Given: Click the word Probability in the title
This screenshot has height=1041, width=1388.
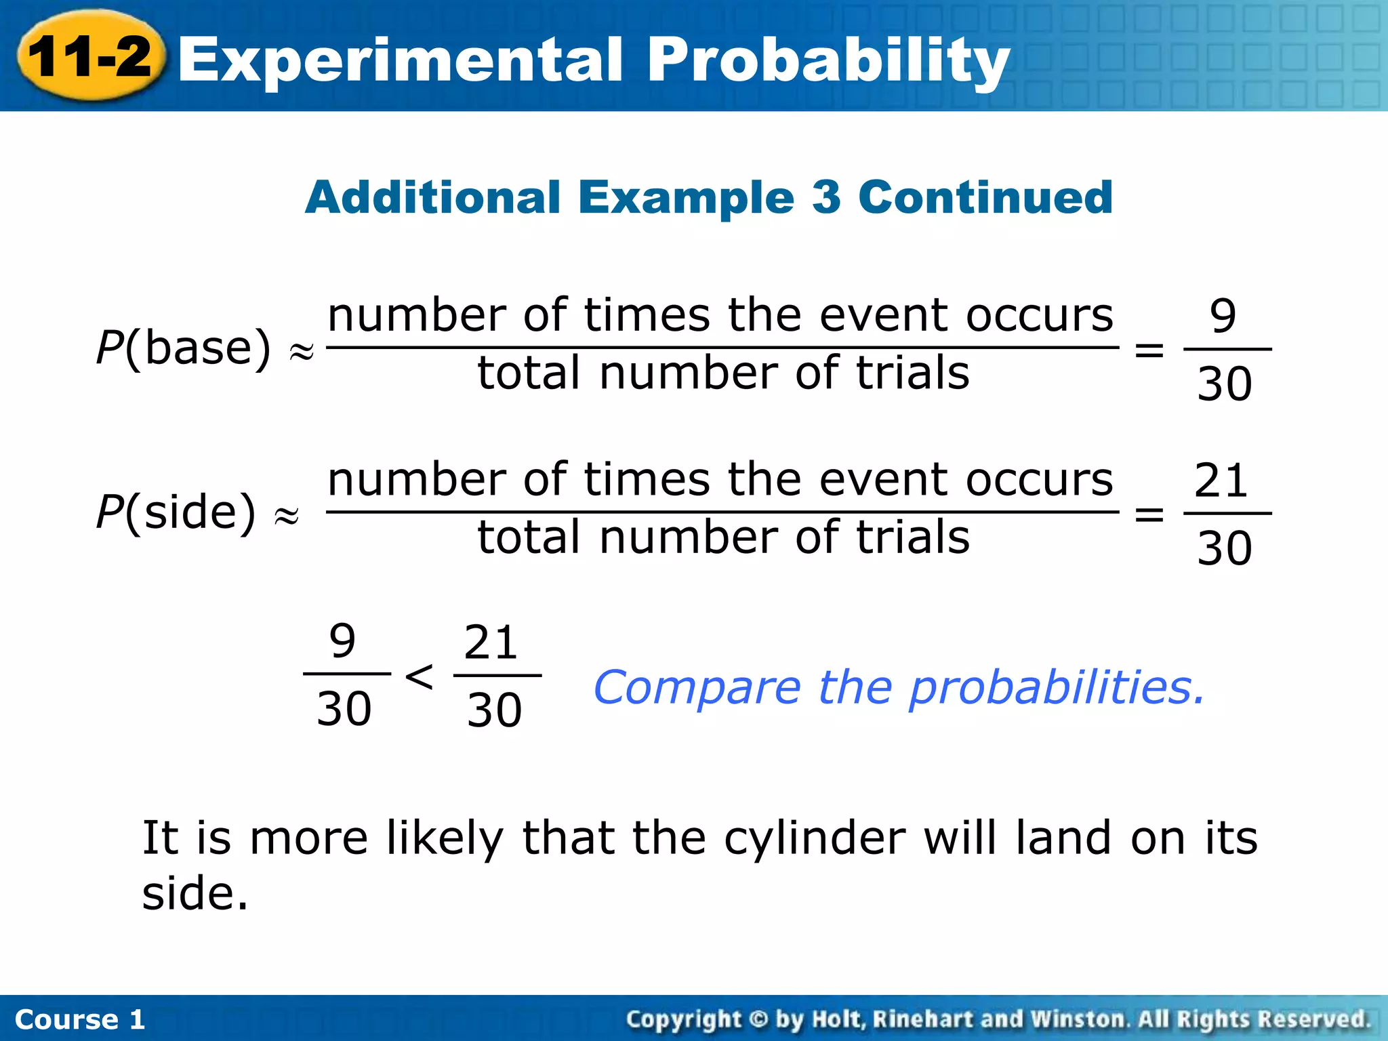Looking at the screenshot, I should [x=828, y=61].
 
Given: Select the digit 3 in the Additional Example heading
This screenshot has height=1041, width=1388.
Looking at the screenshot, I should [x=826, y=197].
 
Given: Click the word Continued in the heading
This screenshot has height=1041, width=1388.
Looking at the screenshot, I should [x=985, y=197].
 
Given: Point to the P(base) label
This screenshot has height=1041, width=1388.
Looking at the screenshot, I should [x=183, y=348].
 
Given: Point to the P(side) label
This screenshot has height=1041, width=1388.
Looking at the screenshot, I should [x=176, y=512].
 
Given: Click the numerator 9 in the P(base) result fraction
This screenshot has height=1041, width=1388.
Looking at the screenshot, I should [x=1223, y=316].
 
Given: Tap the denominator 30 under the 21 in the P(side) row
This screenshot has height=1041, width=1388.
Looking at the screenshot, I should [x=1224, y=548].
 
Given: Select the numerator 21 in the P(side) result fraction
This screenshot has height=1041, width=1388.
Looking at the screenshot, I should [x=1221, y=481].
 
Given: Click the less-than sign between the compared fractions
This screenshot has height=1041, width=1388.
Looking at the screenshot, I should [x=420, y=676].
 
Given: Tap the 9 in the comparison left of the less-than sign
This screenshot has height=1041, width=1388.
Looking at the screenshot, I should [x=342, y=640].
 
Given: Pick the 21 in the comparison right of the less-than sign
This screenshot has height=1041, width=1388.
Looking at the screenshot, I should [x=491, y=642].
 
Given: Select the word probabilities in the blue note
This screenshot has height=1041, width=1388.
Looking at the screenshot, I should [x=1057, y=689].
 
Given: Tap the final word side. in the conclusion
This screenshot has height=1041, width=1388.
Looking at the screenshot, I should [x=195, y=893].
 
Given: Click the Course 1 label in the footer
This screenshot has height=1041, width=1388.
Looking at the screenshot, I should [x=80, y=1019].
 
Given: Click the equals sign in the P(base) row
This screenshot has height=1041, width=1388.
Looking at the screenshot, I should [x=1149, y=350].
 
